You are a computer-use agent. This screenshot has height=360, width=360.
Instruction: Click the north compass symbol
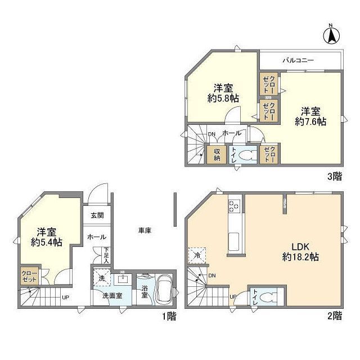331,35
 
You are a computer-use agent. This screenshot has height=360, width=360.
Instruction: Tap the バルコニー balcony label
298,61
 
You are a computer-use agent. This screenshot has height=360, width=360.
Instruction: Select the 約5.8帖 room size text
223,99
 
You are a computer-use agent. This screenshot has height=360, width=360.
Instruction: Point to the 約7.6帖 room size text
310,122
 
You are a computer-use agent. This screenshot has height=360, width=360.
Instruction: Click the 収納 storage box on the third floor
217,154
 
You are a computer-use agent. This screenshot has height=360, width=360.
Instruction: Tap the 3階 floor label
335,176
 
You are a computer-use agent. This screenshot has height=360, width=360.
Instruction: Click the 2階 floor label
335,316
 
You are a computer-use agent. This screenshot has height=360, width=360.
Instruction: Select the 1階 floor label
169,316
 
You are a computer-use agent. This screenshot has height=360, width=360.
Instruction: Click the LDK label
300,247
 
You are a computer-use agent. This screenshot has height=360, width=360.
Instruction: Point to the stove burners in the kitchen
234,206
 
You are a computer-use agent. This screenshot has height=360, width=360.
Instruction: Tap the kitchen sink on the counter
234,242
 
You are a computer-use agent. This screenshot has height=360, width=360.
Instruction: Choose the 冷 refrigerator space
197,255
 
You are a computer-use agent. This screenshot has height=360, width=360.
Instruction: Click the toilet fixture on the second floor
269,297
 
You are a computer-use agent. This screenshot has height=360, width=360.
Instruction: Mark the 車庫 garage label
145,231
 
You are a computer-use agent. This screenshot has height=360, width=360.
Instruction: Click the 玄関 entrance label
97,215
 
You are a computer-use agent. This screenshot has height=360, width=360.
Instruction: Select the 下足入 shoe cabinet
106,255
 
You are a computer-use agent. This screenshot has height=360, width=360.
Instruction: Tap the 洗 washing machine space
102,278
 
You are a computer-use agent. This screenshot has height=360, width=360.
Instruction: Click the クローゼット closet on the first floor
29,276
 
